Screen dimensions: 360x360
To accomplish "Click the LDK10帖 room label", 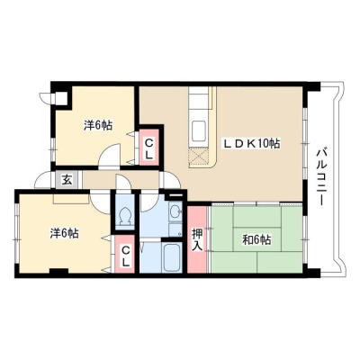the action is coord(251,143).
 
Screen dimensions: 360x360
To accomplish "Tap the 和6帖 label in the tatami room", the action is coord(256,240).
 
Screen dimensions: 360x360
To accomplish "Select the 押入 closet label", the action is coord(197,239).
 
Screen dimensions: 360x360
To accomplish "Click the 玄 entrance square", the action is coord(67,180).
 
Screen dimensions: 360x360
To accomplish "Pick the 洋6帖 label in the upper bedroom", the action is coord(98,125).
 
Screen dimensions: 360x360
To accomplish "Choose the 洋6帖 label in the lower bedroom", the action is coord(64,233).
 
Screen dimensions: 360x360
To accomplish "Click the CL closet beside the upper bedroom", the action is coord(148,148).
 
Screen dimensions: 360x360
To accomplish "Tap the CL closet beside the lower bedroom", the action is coord(126,254).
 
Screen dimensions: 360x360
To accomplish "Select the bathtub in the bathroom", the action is coord(171,258).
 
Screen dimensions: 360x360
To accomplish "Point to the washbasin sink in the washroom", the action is coord(175,212).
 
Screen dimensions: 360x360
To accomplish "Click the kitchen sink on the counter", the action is coord(199,130).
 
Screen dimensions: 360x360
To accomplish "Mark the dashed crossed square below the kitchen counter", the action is coord(198,157).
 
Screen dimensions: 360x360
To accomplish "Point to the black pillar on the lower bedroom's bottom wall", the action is coord(58,271).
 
